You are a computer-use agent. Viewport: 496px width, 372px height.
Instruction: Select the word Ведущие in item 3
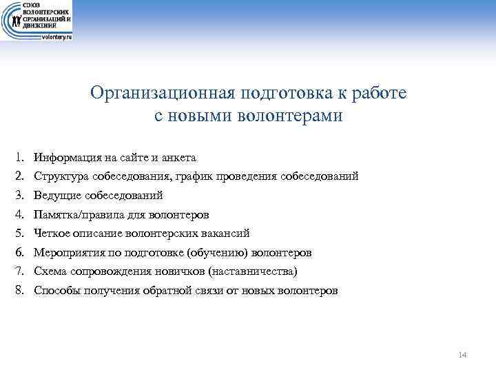click(56, 196)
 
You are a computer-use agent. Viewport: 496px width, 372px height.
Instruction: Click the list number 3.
click(19, 196)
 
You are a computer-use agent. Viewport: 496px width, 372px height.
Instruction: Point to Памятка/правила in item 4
click(76, 215)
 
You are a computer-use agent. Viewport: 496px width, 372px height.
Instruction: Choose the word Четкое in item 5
click(53, 234)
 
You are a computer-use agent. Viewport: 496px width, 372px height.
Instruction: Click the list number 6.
click(19, 253)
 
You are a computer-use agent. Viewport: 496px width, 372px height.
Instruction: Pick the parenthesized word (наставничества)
click(252, 271)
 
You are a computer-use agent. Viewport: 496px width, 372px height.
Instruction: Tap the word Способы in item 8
click(57, 291)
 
